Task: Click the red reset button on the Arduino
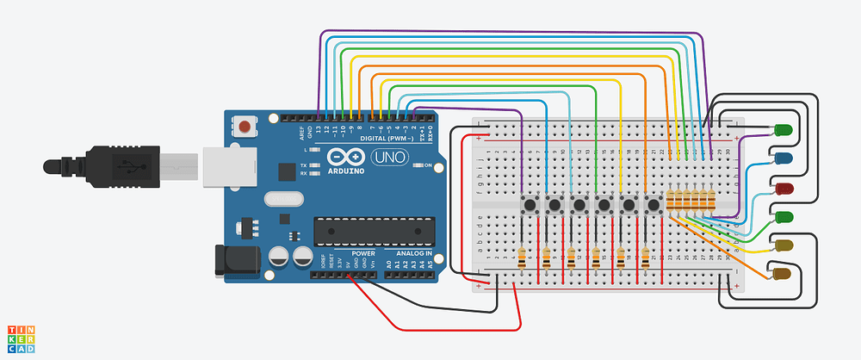coord(246,127)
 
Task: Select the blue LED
coord(783,158)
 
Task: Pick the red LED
coord(783,188)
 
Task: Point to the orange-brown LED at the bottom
coord(782,275)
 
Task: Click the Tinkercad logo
coord(22,339)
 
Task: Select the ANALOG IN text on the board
coord(413,254)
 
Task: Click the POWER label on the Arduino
coord(362,254)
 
